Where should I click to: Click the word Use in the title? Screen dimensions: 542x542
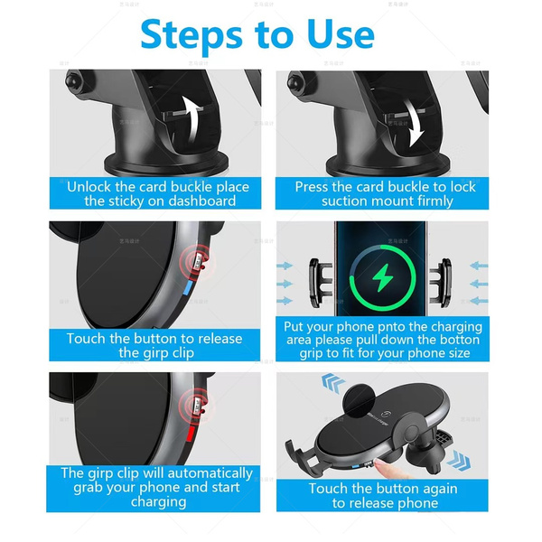341,34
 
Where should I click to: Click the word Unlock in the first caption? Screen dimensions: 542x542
89,187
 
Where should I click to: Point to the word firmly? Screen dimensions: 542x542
432,201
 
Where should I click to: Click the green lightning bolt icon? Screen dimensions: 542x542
382,277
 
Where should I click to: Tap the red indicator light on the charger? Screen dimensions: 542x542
190,434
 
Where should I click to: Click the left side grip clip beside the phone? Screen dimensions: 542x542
320,283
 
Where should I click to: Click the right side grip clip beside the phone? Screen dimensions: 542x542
441,283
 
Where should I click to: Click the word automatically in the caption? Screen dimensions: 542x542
210,473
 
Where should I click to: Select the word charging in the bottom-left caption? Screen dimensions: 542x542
158,502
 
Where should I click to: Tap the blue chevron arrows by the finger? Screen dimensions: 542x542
459,461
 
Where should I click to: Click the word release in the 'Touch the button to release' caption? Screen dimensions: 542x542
219,339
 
